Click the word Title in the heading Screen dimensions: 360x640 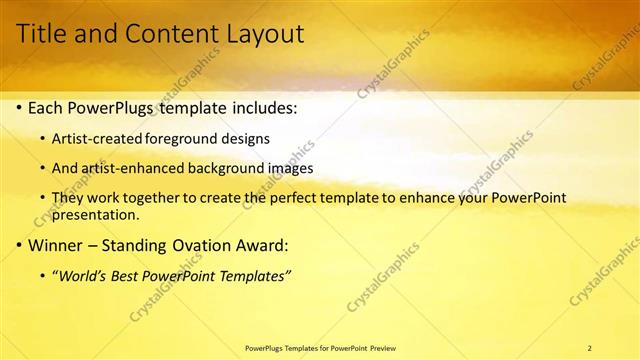click(45, 34)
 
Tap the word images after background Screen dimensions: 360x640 click(289, 168)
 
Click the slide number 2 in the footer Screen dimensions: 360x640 click(590, 347)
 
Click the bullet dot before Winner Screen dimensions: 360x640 click(21, 244)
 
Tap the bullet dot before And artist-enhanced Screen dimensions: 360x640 click(41, 168)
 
